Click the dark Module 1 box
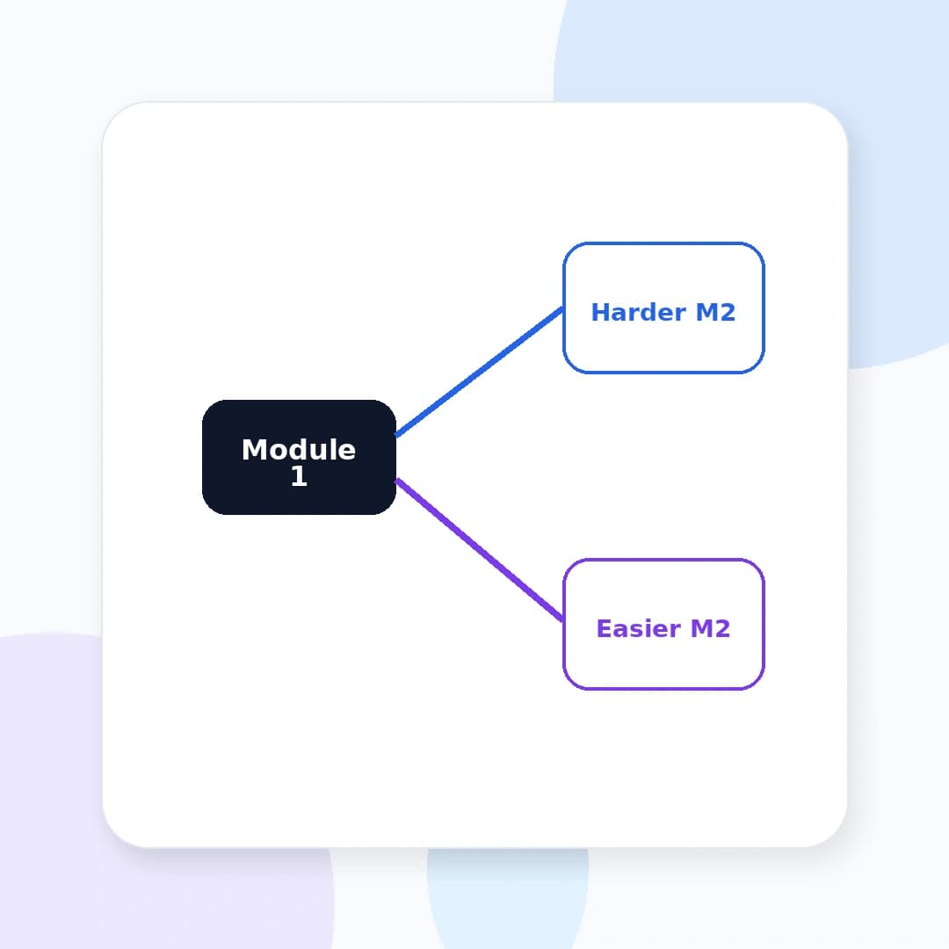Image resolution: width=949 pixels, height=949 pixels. (x=299, y=457)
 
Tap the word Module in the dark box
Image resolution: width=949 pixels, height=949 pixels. (x=299, y=450)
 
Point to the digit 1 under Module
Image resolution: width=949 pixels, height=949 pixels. (x=299, y=475)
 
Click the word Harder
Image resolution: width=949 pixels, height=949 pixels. (x=639, y=312)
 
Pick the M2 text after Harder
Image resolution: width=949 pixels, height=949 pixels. (x=715, y=312)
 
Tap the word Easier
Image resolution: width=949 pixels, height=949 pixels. (x=639, y=629)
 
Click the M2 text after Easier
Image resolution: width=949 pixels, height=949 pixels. (x=711, y=629)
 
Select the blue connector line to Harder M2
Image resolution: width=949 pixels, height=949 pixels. (x=480, y=372)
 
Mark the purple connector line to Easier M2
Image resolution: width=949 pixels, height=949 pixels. (x=480, y=550)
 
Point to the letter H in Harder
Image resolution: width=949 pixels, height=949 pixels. (x=600, y=312)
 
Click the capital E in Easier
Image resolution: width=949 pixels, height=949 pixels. (x=604, y=629)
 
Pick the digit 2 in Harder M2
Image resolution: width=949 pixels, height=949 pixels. (x=728, y=312)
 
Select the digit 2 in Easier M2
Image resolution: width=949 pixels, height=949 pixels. (x=723, y=629)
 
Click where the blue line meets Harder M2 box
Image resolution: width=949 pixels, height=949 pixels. (x=563, y=308)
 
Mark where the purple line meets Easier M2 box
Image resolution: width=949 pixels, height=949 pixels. (x=563, y=619)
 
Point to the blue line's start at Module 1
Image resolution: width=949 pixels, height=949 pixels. (x=395, y=435)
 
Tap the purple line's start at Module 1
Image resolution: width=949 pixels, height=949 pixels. (x=395, y=481)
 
